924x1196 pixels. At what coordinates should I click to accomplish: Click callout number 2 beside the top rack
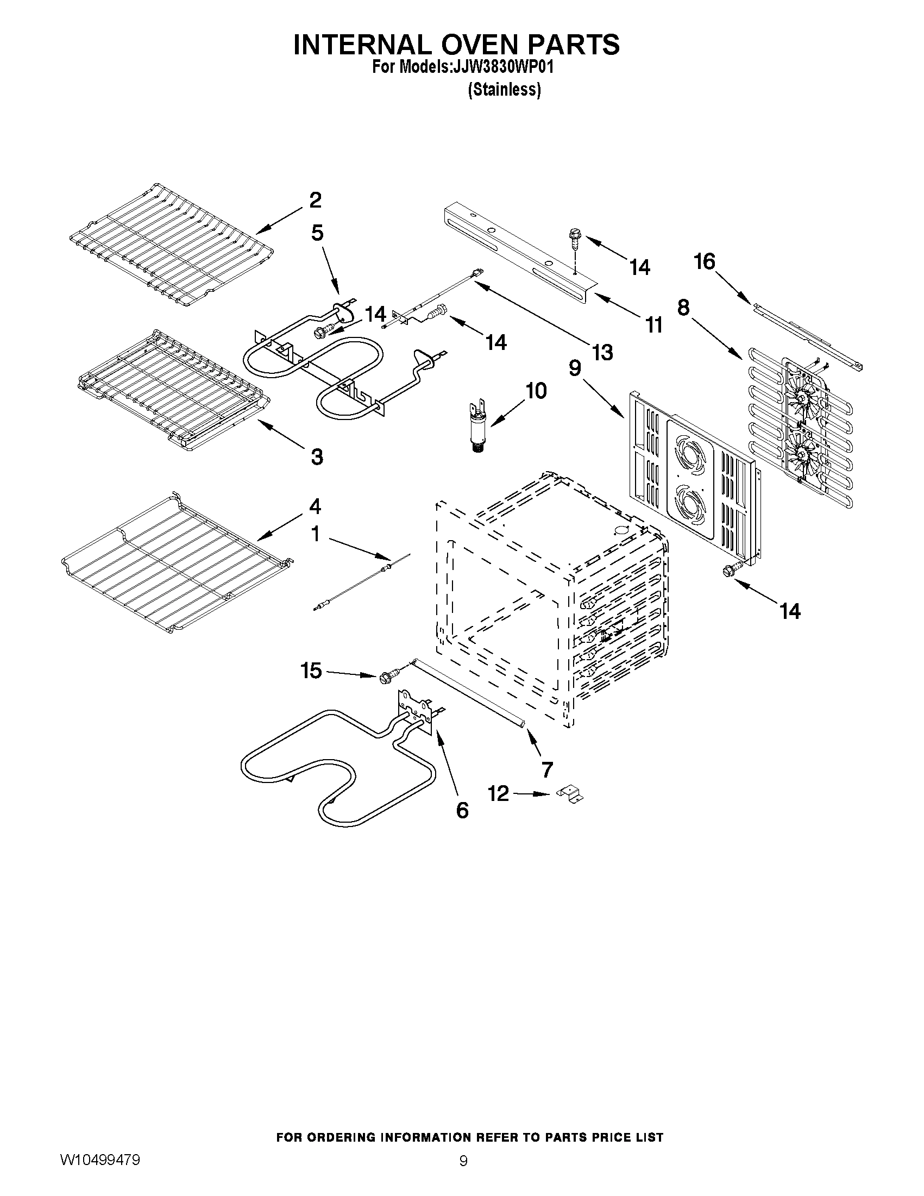coord(315,201)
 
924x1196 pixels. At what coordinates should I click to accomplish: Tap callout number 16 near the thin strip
coord(705,262)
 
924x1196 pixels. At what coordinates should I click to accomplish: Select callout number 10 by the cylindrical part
coord(536,391)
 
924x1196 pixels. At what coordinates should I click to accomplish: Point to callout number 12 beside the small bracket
coord(499,793)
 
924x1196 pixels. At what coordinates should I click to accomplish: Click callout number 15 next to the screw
coord(311,671)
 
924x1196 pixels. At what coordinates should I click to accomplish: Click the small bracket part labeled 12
coord(570,794)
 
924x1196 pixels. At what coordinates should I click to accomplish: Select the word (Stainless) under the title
coord(504,90)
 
